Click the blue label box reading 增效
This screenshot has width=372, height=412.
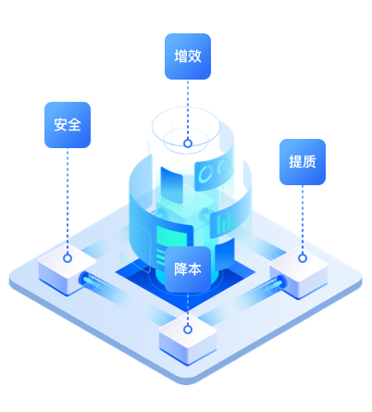coord(188,56)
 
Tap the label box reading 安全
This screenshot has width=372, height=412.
coord(68,125)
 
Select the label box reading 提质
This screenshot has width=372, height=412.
coord(303,162)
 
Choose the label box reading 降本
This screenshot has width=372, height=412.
coord(188,269)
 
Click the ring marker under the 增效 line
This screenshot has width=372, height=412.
coord(188,144)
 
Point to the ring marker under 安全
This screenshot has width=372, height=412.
coord(68,258)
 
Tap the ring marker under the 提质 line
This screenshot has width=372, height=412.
coord(303,258)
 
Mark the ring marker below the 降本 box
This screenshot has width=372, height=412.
coord(188,330)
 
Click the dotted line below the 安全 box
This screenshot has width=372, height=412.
coord(68,201)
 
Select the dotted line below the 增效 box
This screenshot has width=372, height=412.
coord(188,109)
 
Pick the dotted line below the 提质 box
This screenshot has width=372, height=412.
coord(303,219)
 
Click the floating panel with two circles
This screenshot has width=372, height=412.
coord(213,172)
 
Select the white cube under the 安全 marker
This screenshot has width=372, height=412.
coord(68,269)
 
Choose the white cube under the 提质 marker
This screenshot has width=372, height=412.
coord(299,272)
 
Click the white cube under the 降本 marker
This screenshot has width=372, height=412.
coord(188,340)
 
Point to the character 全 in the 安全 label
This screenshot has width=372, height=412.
coord(74,125)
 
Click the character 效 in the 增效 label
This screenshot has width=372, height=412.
coord(194,56)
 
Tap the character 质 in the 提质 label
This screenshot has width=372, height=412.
coord(309,162)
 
